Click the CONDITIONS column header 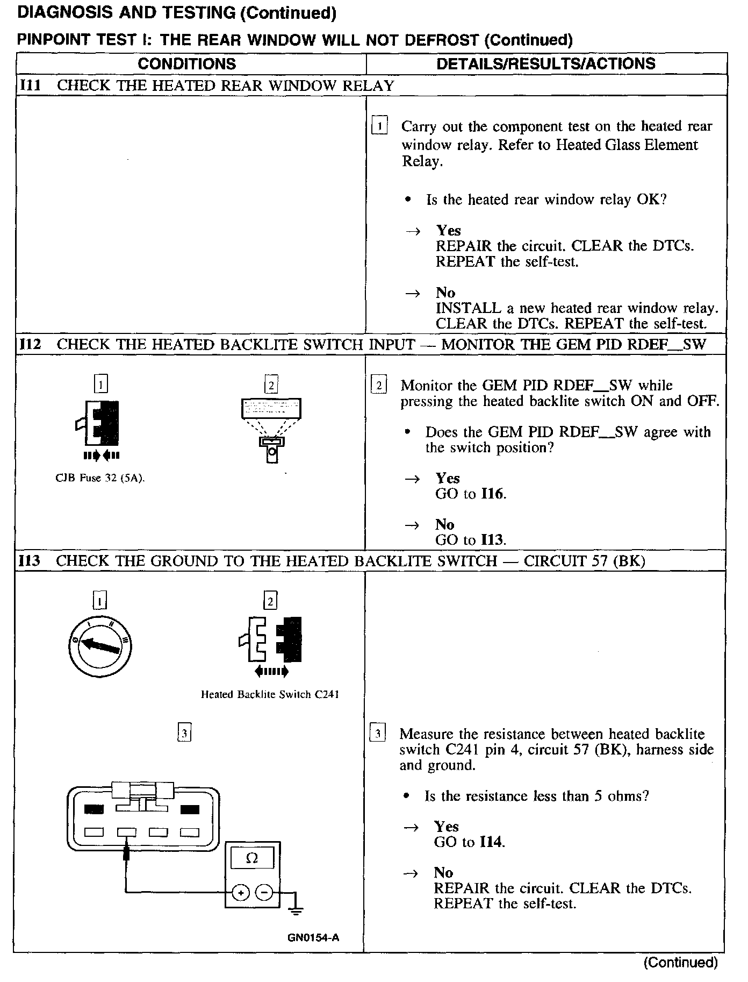point(186,64)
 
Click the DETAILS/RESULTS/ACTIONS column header point(545,64)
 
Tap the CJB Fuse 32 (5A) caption point(100,478)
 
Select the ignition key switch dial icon point(100,644)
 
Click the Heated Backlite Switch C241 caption point(270,694)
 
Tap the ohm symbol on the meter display point(251,859)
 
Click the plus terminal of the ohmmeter point(240,892)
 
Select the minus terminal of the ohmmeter point(264,892)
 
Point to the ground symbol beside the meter point(295,908)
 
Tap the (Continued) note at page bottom point(680,962)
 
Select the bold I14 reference point(491,842)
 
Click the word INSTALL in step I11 point(461,308)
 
